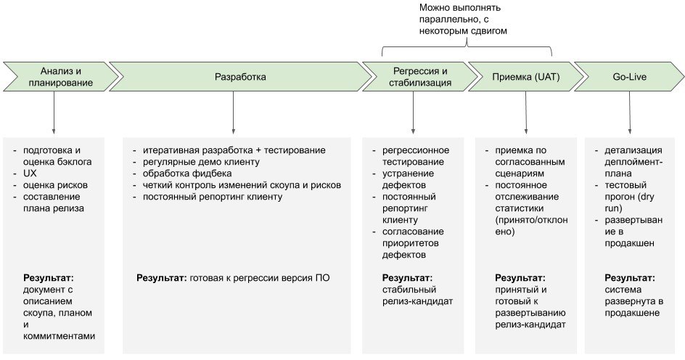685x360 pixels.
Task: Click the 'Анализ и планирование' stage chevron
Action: (x=61, y=77)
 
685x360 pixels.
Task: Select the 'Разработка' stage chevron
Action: (x=240, y=77)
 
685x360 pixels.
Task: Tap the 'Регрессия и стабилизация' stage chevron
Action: (x=420, y=77)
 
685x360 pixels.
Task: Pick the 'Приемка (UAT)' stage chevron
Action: (x=525, y=77)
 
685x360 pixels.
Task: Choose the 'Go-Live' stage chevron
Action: (x=630, y=77)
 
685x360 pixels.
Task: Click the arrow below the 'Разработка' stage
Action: (x=233, y=112)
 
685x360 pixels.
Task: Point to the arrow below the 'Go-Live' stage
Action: (x=630, y=112)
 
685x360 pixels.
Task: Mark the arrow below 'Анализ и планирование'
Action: (x=54, y=112)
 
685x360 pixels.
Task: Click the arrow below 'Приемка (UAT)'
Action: (x=526, y=112)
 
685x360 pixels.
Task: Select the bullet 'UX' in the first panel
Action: (x=30, y=173)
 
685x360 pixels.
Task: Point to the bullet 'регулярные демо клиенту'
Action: (x=202, y=162)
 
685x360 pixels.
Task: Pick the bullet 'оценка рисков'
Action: (x=55, y=185)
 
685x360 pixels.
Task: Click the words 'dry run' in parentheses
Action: (x=630, y=202)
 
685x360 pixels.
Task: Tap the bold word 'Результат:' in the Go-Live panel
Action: (x=630, y=278)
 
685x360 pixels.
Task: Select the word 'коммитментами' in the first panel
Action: (x=59, y=336)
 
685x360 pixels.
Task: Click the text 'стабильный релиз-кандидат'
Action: (x=418, y=295)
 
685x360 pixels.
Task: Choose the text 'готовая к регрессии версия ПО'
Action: (x=260, y=278)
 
